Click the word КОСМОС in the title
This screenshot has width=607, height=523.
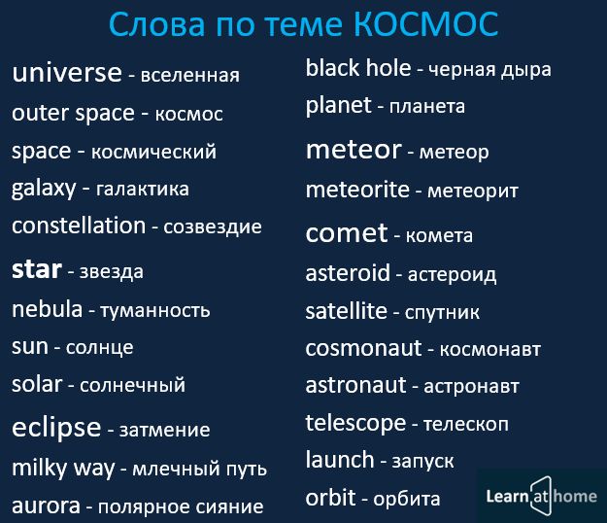(425, 24)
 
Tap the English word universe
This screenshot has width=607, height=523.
(67, 73)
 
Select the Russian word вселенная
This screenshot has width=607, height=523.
(189, 75)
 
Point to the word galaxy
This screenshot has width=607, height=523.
(44, 190)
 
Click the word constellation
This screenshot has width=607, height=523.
(79, 226)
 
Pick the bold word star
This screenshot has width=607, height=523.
(37, 269)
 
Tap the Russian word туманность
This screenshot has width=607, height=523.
(155, 311)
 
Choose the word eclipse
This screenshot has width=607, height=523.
(56, 428)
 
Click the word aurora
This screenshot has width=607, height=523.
(46, 506)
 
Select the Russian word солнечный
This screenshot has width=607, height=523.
(132, 386)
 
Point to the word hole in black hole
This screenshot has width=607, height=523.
(388, 68)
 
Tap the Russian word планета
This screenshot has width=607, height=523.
(427, 107)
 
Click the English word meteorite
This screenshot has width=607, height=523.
(357, 190)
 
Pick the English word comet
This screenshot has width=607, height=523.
(347, 233)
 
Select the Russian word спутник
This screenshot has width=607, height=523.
(442, 313)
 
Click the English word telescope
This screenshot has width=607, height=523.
(355, 424)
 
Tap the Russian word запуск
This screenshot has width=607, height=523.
(422, 462)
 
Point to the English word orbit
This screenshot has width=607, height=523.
(330, 497)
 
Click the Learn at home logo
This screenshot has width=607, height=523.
(542, 497)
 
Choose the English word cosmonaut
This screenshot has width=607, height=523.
(363, 348)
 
